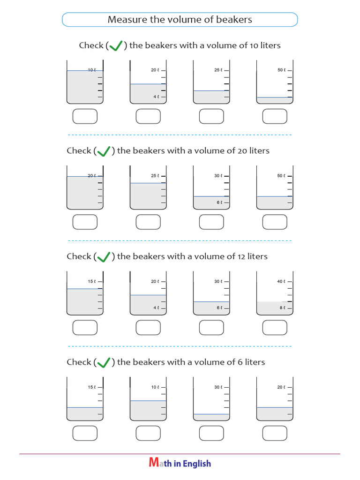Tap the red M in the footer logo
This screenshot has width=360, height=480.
(154, 463)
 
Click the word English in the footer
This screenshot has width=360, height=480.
(197, 464)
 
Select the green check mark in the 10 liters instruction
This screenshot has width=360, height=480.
(115, 45)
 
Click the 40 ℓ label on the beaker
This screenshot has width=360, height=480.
(280, 282)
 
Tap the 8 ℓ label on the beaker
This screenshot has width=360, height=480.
(282, 308)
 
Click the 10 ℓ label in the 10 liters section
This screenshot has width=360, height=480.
(92, 70)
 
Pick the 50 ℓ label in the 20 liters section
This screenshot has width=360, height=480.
(280, 176)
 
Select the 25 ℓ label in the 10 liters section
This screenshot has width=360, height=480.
(217, 70)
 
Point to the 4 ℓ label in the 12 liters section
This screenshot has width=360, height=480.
(156, 308)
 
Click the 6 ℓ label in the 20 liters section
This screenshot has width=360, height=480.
(219, 202)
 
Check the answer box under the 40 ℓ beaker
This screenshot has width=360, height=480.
(275, 327)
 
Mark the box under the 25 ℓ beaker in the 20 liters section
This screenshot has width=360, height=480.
(148, 222)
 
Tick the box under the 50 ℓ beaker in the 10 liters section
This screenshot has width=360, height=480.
(275, 116)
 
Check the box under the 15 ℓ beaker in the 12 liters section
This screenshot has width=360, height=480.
(85, 327)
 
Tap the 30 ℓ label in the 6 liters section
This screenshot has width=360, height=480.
(217, 387)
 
